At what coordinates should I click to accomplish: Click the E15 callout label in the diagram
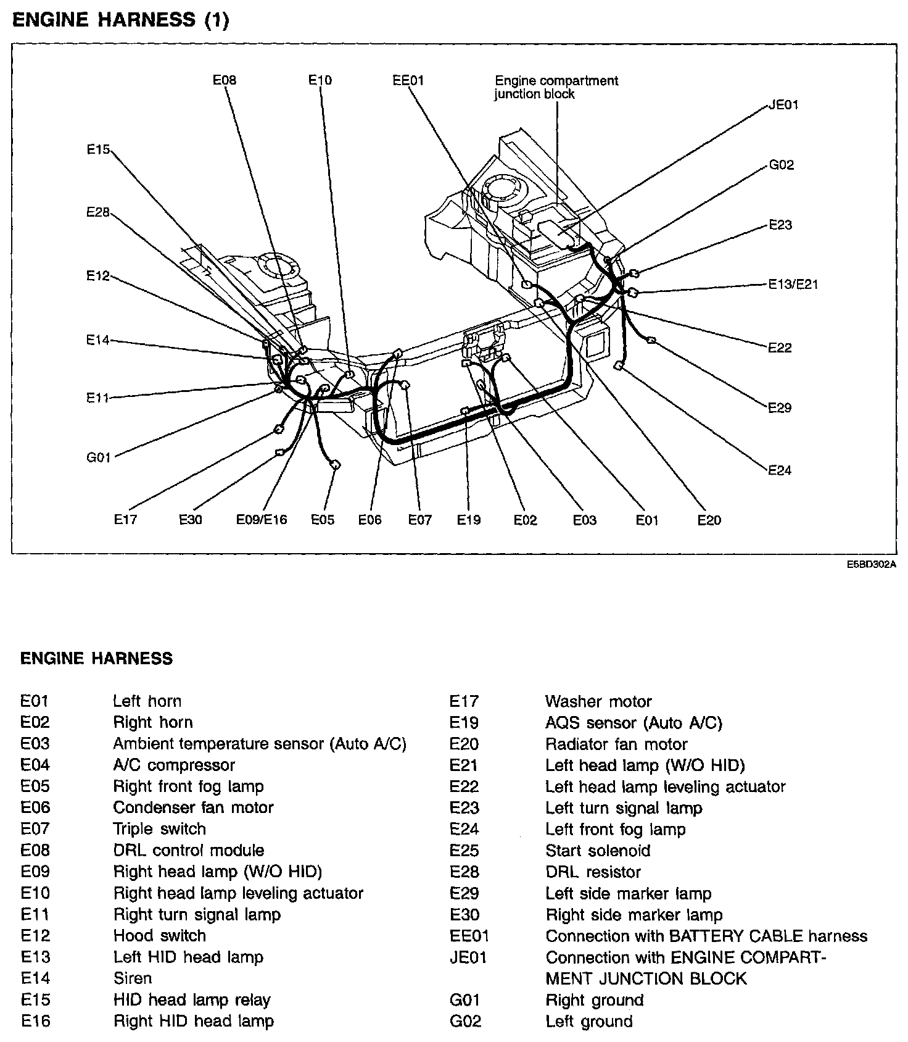click(97, 149)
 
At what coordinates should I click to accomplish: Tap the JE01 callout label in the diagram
click(783, 105)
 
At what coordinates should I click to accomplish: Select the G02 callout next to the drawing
click(781, 165)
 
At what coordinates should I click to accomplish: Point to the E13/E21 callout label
click(793, 285)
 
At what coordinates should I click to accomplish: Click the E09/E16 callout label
click(262, 520)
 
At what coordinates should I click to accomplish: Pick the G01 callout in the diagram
click(98, 457)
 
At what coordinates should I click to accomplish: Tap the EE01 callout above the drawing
click(408, 80)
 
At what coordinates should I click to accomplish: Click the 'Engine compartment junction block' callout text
click(556, 87)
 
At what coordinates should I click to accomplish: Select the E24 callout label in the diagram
click(779, 470)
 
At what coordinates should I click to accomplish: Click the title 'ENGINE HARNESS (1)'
click(120, 20)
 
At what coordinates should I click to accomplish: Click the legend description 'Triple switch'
click(159, 829)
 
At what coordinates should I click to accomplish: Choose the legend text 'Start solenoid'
click(597, 851)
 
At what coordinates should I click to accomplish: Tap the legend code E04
click(35, 765)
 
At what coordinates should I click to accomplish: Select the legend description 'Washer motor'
click(598, 701)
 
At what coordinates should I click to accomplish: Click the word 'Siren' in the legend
click(132, 978)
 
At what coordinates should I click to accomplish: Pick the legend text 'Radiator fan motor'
click(616, 744)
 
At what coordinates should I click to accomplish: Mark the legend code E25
click(464, 851)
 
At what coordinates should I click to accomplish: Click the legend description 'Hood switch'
click(159, 936)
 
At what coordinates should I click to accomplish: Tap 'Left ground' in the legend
click(588, 1021)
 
